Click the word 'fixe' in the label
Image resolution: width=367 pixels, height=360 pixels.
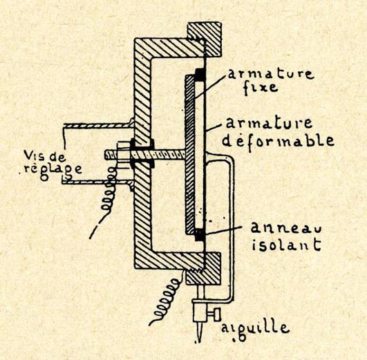coord(261,87)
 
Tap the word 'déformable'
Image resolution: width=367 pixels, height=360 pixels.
coord(278,140)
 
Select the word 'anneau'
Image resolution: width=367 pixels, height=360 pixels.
coord(286,227)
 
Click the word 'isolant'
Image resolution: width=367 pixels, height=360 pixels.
coord(286,245)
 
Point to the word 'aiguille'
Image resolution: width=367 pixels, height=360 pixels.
coord(255,330)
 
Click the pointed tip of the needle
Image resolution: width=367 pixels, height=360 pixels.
coord(199,342)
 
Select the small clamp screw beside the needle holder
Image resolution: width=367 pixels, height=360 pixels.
coord(214,314)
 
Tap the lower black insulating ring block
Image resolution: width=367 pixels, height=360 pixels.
coord(200,235)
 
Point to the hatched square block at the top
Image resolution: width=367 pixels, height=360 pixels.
coord(205,39)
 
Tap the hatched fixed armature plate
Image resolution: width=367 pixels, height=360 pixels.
coord(190,155)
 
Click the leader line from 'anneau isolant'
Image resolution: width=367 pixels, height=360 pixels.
coord(223,230)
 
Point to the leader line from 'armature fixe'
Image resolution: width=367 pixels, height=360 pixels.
coord(209,86)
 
